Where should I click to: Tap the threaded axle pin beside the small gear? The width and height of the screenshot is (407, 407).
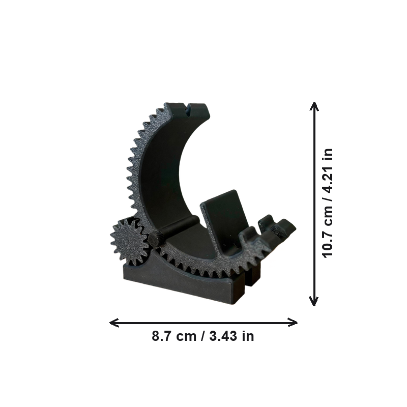click(x=155, y=239)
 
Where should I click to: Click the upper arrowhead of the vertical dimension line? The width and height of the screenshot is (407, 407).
click(x=314, y=106)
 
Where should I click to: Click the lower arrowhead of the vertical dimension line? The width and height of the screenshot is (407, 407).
click(x=314, y=301)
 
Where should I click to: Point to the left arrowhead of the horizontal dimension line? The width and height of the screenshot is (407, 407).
click(x=114, y=323)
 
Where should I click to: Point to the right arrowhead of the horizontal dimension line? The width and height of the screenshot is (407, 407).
click(x=293, y=323)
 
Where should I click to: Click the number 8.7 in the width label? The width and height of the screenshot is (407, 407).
click(x=160, y=336)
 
